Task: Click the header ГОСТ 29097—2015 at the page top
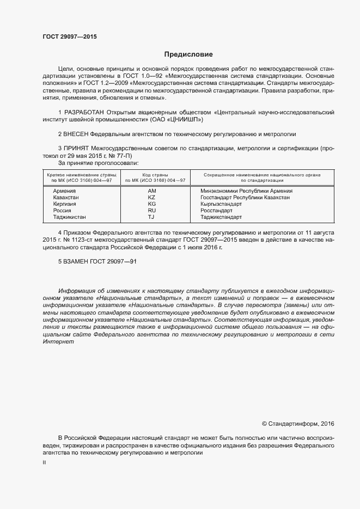pos(69,36)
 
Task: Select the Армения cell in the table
pos(64,191)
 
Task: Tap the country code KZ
pos(151,198)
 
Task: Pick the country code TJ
pos(151,217)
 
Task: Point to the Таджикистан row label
pos(69,217)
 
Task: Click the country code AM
pos(151,191)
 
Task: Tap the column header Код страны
pos(155,175)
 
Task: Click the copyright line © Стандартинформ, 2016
pos(298,423)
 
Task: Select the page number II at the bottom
pos(45,462)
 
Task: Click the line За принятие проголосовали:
pos(98,162)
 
